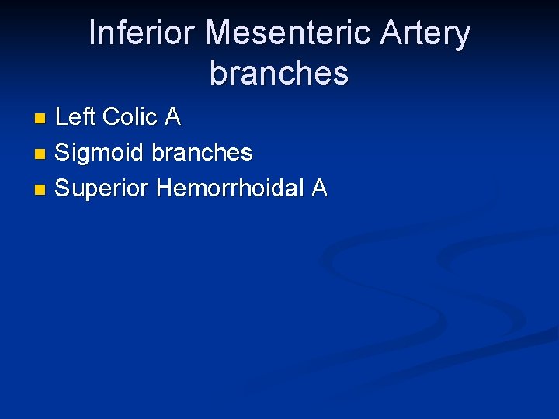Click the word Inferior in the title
(x=141, y=34)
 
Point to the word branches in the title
(x=279, y=74)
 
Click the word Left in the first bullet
(x=75, y=117)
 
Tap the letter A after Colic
(x=172, y=117)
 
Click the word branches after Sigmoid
(x=202, y=152)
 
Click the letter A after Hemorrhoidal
(x=319, y=188)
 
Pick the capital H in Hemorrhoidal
(x=165, y=188)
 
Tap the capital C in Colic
(x=111, y=117)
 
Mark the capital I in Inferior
(x=93, y=34)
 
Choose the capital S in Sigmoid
(x=63, y=153)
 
